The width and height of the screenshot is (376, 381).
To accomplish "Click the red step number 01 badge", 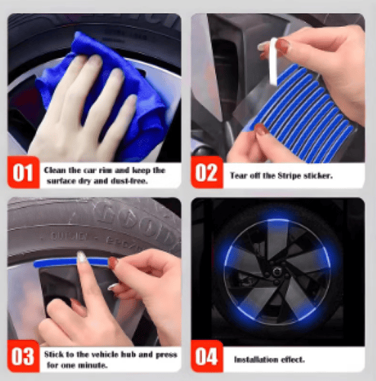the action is pos(24,172).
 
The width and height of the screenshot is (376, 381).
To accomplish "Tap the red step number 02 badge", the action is pos(207,172).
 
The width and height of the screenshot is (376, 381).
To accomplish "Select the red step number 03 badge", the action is pos(24,356).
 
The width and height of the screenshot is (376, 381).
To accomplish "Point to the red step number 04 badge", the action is pos(207,356).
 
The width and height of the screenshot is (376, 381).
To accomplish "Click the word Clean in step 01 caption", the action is pos(54,170).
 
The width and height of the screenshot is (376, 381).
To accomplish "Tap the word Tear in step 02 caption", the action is pos(239,175).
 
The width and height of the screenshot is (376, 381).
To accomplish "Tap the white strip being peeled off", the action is pos(273,62).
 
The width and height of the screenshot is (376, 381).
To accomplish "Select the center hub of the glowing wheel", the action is pos(277,272).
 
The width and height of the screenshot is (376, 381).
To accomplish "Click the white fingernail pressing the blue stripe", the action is pos(82,257).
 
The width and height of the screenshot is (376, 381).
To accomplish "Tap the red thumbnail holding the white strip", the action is pos(282,46).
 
